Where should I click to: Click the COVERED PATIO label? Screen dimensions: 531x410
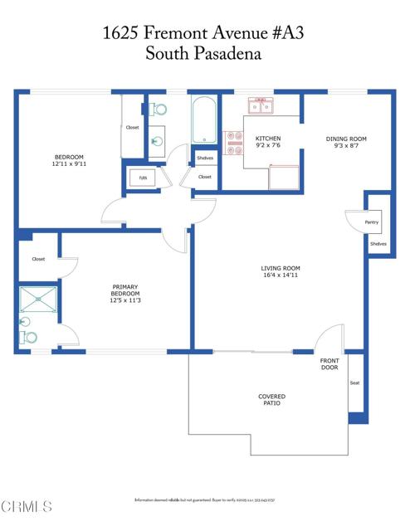(x=271, y=399)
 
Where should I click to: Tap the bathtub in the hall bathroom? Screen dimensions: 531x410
(x=204, y=121)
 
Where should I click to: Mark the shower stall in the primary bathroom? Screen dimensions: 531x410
(x=38, y=300)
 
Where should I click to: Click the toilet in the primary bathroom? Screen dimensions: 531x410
(x=29, y=337)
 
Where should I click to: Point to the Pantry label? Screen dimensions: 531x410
(x=371, y=222)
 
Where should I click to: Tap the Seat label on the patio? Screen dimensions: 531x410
(x=354, y=382)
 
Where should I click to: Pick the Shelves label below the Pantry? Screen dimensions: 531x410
(x=378, y=244)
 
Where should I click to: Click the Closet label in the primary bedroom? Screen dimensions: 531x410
(x=38, y=259)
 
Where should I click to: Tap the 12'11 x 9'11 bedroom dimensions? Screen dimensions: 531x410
(x=67, y=163)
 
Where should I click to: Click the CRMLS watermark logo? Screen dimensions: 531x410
(x=27, y=505)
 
